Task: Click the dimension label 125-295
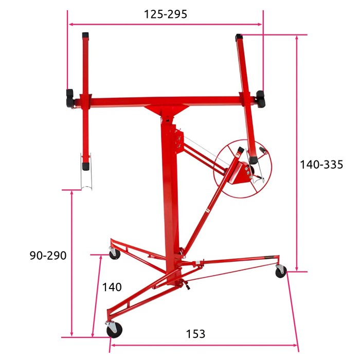pos(165,14)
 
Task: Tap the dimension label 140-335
pos(321,165)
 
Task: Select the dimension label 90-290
pos(48,255)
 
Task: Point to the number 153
pos(195,334)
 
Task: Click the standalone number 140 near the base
pos(112,287)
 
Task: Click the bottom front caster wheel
pos(114,330)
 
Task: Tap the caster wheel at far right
pos(281,271)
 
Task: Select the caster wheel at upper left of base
pos(115,254)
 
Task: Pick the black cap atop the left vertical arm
pos(85,35)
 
